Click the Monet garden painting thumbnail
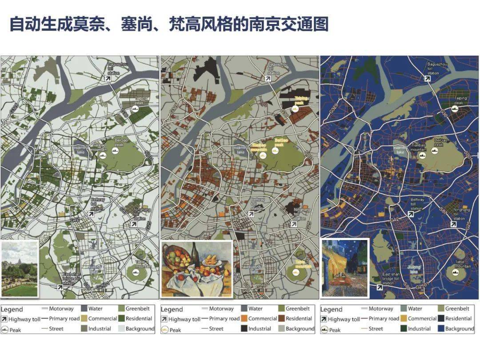(x=20, y=269)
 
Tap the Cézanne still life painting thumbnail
(x=196, y=269)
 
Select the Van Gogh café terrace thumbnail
(x=344, y=268)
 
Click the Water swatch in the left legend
(x=84, y=308)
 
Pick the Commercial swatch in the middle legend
(x=244, y=319)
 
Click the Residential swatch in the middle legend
(x=281, y=319)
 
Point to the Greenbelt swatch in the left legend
(x=121, y=308)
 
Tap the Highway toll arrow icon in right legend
(x=324, y=319)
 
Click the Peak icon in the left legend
(x=4, y=330)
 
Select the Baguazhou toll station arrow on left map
(x=108, y=78)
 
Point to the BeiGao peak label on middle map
(x=279, y=143)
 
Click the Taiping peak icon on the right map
(x=454, y=108)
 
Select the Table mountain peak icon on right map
(x=456, y=272)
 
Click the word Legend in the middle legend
(x=172, y=309)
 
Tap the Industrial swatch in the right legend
(x=403, y=329)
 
